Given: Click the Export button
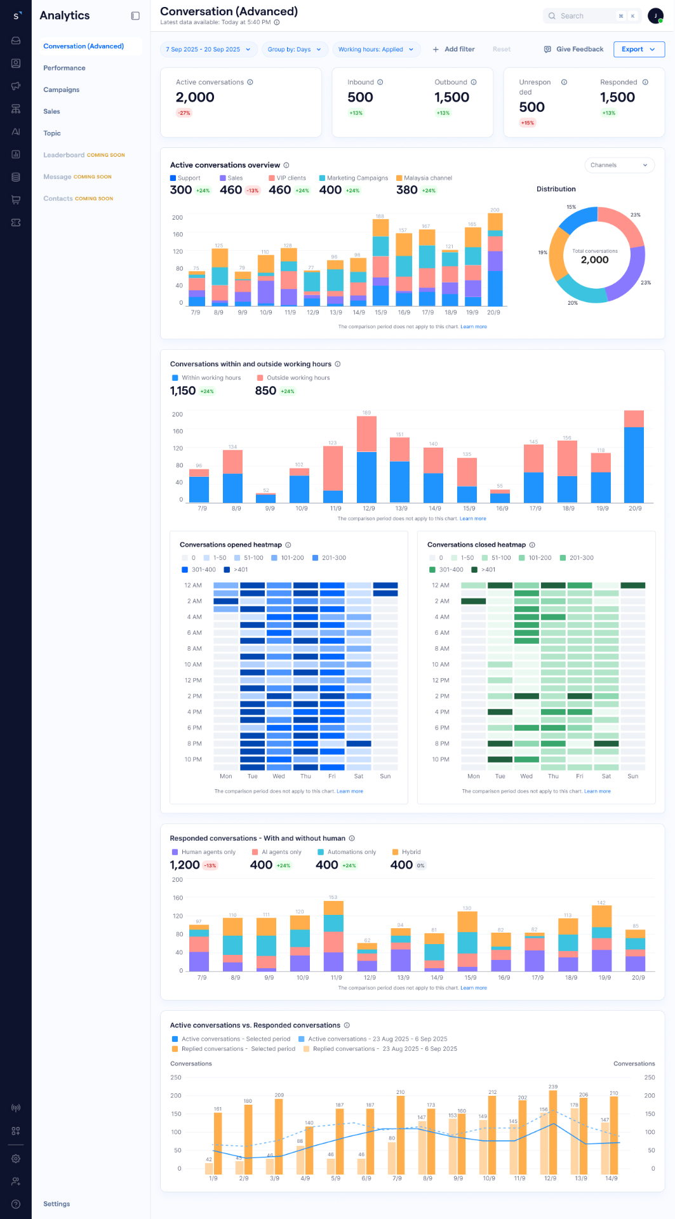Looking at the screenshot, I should [x=638, y=49].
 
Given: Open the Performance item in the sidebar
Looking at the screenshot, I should [x=64, y=68].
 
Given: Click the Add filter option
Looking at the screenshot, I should [x=453, y=49].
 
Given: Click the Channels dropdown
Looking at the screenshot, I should [x=619, y=165].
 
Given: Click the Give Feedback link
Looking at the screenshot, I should [x=574, y=49].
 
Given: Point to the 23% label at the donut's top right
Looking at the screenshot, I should [x=636, y=215].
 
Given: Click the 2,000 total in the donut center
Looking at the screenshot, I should [x=595, y=260].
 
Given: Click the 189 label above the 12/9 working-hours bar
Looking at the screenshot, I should [x=366, y=413].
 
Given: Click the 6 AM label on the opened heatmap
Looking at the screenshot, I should [x=194, y=633].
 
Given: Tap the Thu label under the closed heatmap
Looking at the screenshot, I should [x=553, y=776].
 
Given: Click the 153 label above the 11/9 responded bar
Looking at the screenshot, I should [x=333, y=897].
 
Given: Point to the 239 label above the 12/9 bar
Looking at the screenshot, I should [x=552, y=1087].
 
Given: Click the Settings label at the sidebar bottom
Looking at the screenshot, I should [x=57, y=1204].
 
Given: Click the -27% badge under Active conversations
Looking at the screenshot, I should [x=184, y=113].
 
